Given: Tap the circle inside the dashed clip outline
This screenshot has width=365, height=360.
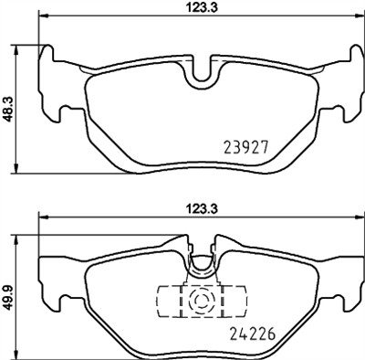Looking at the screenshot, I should (200, 301).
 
